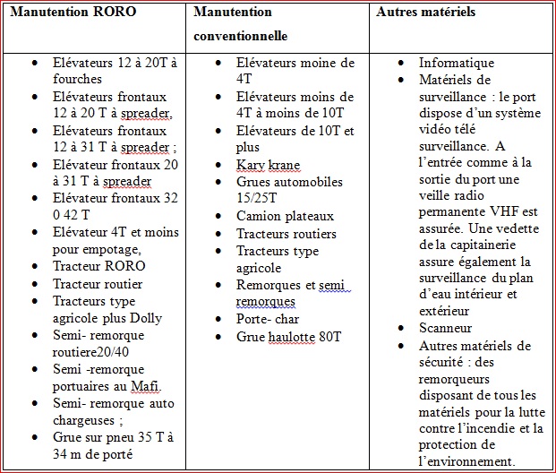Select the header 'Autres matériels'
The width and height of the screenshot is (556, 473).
pyautogui.click(x=425, y=13)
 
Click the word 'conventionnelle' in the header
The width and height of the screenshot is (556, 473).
pyautogui.click(x=242, y=38)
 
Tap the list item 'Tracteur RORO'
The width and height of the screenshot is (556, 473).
pyautogui.click(x=98, y=266)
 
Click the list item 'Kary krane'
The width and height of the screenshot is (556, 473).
pyautogui.click(x=268, y=165)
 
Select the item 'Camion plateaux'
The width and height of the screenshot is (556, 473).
pyautogui.click(x=285, y=216)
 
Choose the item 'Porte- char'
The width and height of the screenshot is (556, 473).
pyautogui.click(x=268, y=319)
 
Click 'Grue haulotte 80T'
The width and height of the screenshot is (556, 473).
pyautogui.click(x=289, y=336)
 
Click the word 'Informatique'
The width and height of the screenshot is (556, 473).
pyautogui.click(x=456, y=64)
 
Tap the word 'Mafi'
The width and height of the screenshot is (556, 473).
pyautogui.click(x=147, y=386)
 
